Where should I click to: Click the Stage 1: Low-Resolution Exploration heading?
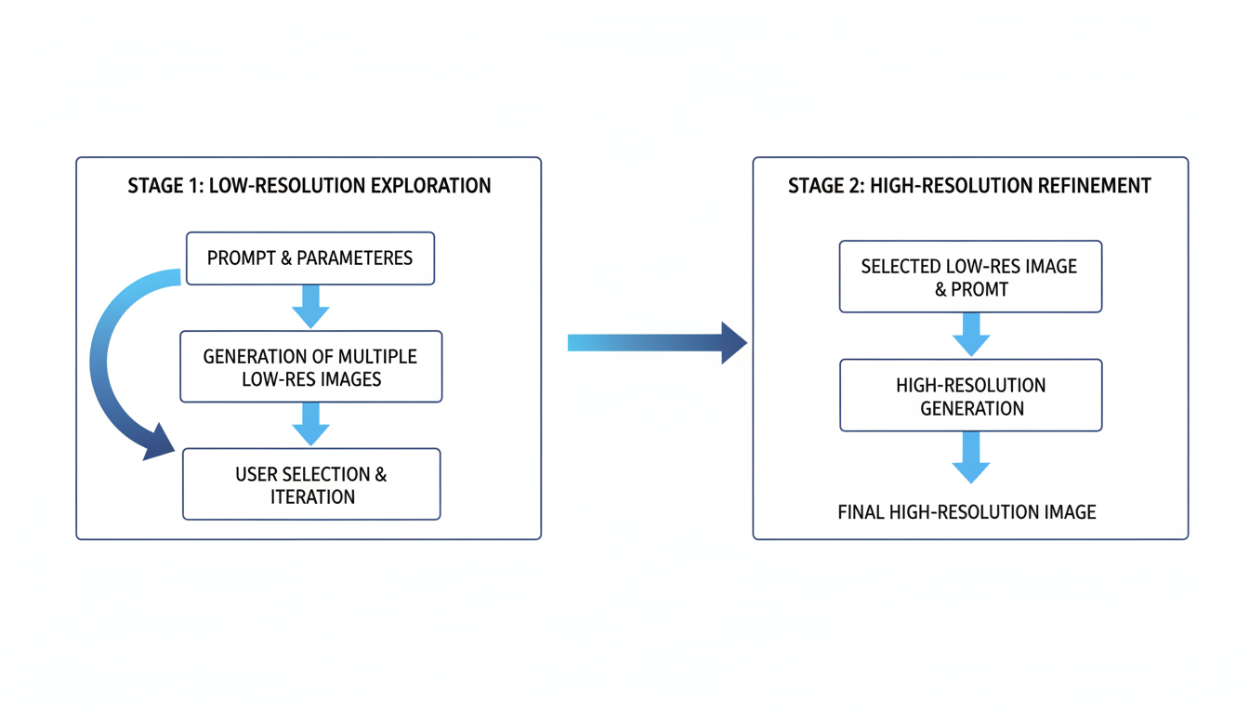pyautogui.click(x=309, y=186)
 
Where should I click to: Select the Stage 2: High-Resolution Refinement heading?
pyautogui.click(x=969, y=186)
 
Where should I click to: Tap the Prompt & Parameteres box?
pyautogui.click(x=310, y=258)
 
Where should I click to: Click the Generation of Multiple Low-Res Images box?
pyautogui.click(x=310, y=367)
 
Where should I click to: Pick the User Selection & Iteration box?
pyautogui.click(x=311, y=484)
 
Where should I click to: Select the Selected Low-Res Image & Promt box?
pyautogui.click(x=970, y=277)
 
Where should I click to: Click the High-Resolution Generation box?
pyautogui.click(x=970, y=396)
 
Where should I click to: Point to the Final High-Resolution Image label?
pyautogui.click(x=966, y=512)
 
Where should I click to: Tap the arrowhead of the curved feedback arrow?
pyautogui.click(x=160, y=443)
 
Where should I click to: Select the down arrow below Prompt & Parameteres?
pyautogui.click(x=310, y=306)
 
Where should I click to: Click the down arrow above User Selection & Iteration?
pyautogui.click(x=310, y=424)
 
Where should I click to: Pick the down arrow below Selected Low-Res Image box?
pyautogui.click(x=970, y=334)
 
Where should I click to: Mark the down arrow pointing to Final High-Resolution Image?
pyautogui.click(x=970, y=456)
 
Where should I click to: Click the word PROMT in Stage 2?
pyautogui.click(x=979, y=289)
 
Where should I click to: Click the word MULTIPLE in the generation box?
pyautogui.click(x=377, y=356)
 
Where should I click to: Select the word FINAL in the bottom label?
pyautogui.click(x=861, y=512)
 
